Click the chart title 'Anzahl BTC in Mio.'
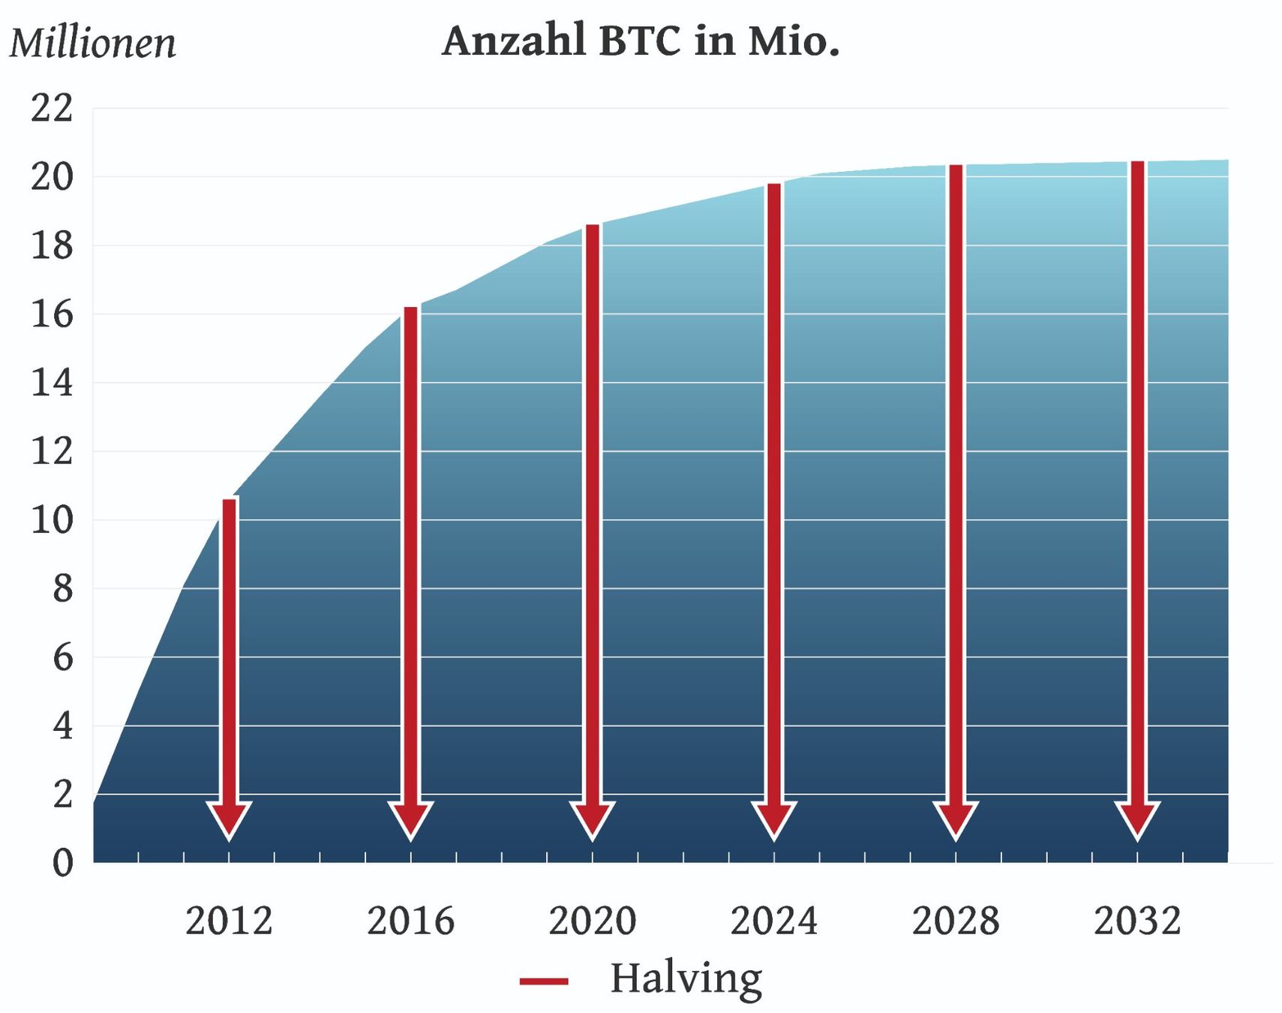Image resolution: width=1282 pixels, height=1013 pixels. coord(641,41)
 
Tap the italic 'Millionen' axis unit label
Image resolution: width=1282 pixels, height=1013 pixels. coord(93,43)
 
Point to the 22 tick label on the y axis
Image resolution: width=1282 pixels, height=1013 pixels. coord(52,108)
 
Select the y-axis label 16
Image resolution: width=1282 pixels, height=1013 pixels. coord(52,314)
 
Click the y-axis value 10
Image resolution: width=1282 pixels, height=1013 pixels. coord(52,520)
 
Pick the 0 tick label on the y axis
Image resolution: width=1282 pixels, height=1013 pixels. coord(63,863)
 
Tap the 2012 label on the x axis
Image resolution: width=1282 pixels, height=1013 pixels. coord(229,921)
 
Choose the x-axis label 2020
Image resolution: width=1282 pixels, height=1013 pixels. coord(593,921)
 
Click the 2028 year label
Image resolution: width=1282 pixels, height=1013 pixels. coord(956,921)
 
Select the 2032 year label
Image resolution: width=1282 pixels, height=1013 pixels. coord(1137,921)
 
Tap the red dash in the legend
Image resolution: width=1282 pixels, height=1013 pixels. coord(544,981)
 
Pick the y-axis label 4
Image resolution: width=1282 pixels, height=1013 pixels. coord(63,726)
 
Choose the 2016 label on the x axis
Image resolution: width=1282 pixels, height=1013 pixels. coord(410,921)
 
